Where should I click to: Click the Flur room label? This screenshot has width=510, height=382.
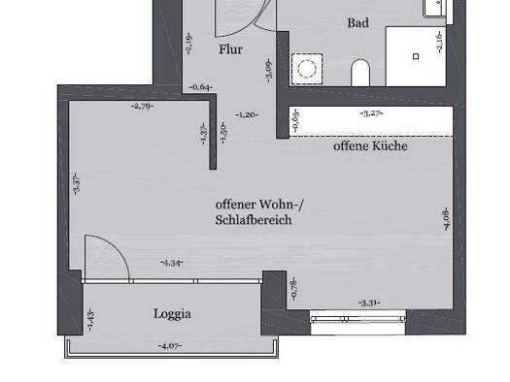click(230, 49)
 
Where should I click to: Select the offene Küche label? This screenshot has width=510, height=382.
click(370, 147)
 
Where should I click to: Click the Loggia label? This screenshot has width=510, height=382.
click(172, 313)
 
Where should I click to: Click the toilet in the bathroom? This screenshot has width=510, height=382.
click(360, 74)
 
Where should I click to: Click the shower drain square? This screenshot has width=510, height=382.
click(416, 57)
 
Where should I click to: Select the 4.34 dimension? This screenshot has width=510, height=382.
click(172, 263)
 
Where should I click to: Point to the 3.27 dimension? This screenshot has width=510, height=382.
click(371, 113)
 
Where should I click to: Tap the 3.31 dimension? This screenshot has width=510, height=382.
click(369, 302)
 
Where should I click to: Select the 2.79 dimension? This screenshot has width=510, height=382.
click(143, 106)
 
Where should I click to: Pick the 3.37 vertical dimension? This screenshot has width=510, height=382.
click(76, 181)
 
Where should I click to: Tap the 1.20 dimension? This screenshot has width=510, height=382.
click(248, 114)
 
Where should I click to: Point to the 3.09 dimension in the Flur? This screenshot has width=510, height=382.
click(269, 70)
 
